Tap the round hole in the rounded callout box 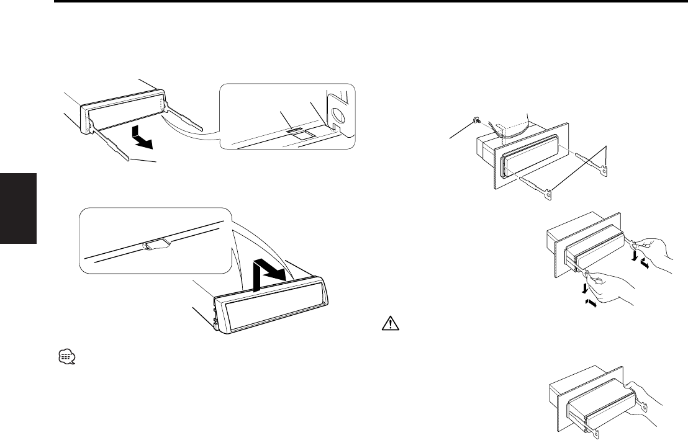[340, 115]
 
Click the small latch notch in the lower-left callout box [153, 244]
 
